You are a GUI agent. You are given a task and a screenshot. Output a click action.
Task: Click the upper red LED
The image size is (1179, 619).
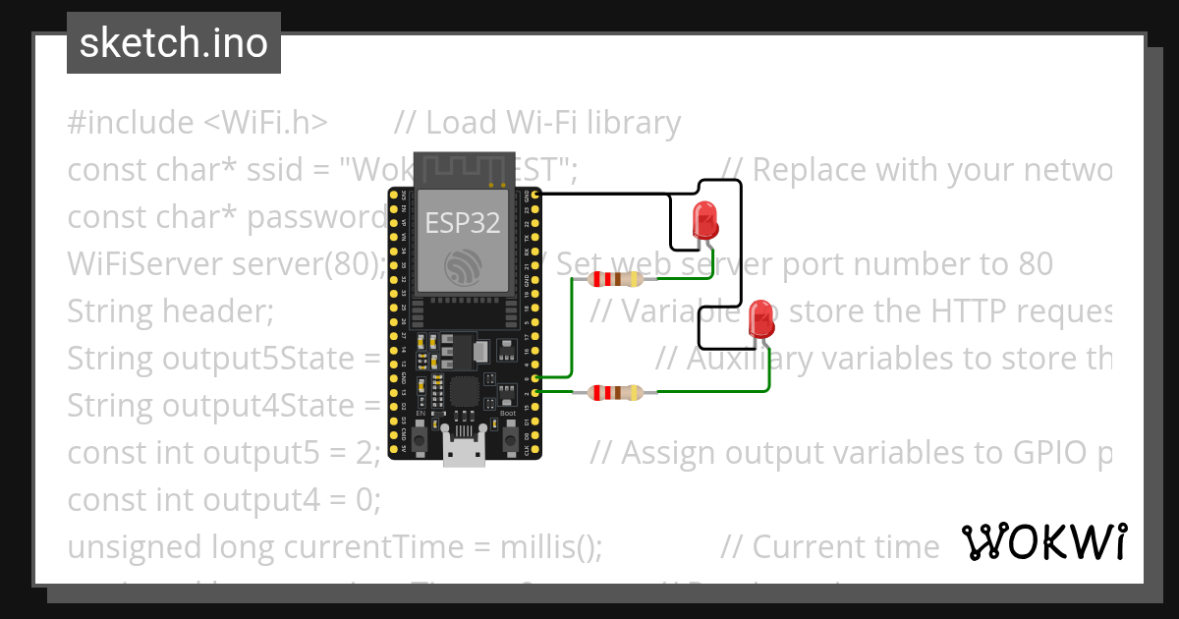coord(705,220)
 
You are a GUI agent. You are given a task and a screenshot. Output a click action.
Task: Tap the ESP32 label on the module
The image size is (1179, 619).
coord(462,223)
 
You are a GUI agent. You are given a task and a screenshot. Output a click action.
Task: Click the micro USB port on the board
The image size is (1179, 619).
coord(462,454)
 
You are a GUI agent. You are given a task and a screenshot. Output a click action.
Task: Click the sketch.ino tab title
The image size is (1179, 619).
coord(174,43)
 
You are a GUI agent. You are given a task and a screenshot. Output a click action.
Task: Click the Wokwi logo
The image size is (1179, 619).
coord(1043,542)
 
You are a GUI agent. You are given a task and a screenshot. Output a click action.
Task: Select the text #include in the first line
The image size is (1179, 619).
coord(131,123)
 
